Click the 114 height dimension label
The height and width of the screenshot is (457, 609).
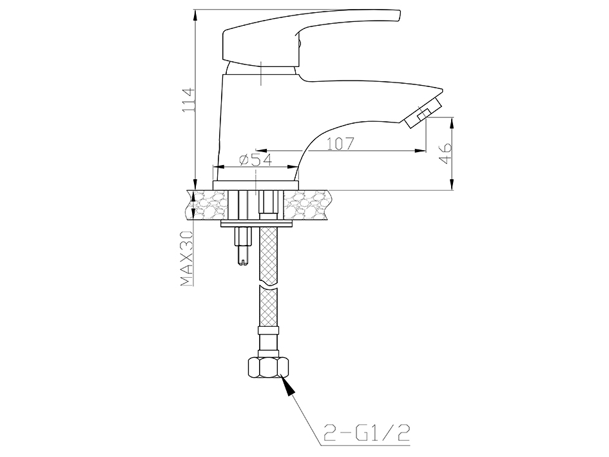tap(188, 101)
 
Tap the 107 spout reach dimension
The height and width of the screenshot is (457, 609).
tap(340, 144)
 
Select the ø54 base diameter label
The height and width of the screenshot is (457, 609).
tap(256, 160)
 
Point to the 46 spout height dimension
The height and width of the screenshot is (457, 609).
tap(446, 153)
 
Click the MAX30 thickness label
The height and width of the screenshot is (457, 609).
tap(187, 258)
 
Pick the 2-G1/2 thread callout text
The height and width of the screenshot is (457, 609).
tap(366, 433)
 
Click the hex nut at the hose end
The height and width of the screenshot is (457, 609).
tap(268, 367)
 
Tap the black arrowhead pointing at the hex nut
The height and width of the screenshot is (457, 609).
tap(287, 385)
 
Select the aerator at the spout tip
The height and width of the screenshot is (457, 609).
tap(423, 113)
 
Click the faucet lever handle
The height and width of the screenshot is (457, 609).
tap(311, 39)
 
